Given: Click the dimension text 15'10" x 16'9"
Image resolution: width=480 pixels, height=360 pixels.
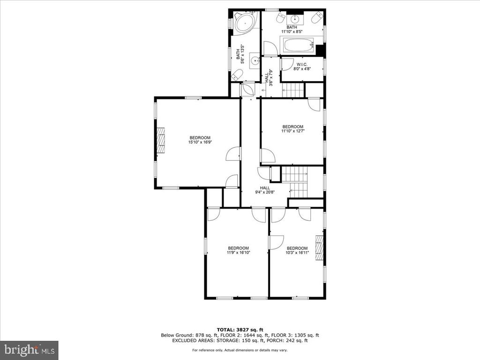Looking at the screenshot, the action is pyautogui.click(x=200, y=142).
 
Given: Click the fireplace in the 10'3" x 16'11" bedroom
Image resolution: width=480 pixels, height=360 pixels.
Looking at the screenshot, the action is pyautogui.click(x=319, y=247).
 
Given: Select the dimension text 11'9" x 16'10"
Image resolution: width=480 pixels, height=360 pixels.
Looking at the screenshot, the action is pyautogui.click(x=239, y=253).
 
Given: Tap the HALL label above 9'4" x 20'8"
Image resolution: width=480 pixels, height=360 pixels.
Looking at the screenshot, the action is pyautogui.click(x=265, y=188).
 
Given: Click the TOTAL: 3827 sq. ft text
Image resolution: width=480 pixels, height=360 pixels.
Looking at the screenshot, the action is pyautogui.click(x=240, y=330).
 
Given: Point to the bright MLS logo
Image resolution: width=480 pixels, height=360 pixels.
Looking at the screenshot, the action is pyautogui.click(x=30, y=349).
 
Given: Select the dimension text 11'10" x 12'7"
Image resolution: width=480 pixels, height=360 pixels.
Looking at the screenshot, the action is pyautogui.click(x=293, y=131).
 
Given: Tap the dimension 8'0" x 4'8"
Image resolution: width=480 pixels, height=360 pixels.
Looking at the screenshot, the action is pyautogui.click(x=302, y=69).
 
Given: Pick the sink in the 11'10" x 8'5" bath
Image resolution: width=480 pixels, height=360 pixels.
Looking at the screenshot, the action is pyautogui.click(x=294, y=19).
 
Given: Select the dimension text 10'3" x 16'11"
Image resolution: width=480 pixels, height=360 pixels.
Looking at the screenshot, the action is pyautogui.click(x=297, y=253).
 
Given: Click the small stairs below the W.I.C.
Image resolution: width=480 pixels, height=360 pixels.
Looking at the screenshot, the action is pyautogui.click(x=293, y=90).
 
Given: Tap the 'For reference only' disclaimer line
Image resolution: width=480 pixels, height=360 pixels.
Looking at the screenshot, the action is pyautogui.click(x=240, y=350).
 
